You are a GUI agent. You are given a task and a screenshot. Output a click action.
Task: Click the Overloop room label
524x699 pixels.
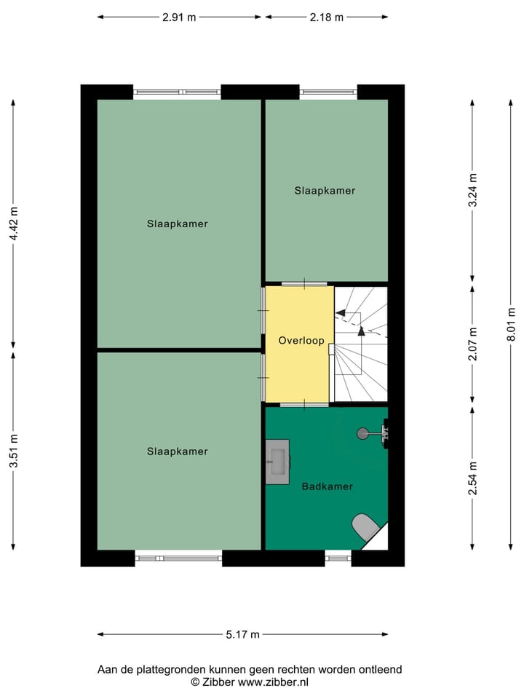(x=301, y=341)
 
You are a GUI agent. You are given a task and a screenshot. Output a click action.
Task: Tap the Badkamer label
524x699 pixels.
(x=327, y=486)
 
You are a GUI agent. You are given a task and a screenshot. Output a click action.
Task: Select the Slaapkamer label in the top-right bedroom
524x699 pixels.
(x=325, y=191)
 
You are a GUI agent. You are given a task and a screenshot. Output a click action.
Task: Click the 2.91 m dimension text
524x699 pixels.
(x=179, y=17)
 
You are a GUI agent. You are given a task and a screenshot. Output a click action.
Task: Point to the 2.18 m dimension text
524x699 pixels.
(x=326, y=17)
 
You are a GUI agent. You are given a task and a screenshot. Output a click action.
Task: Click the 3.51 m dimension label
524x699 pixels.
(x=14, y=451)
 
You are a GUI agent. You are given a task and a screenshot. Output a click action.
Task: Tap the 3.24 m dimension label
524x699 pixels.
(x=473, y=191)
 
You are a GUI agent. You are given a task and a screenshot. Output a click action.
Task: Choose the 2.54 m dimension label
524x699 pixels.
(x=473, y=478)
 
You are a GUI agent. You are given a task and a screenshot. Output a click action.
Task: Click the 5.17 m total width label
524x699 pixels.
(x=242, y=635)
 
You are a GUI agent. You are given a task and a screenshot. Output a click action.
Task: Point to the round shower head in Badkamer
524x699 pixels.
(x=362, y=433)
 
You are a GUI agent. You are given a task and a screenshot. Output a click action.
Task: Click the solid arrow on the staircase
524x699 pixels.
(x=361, y=331)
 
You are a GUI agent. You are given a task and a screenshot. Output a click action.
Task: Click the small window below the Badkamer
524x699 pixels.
(x=338, y=558)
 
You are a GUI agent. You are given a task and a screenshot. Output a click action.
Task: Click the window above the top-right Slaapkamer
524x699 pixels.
(x=328, y=92)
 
